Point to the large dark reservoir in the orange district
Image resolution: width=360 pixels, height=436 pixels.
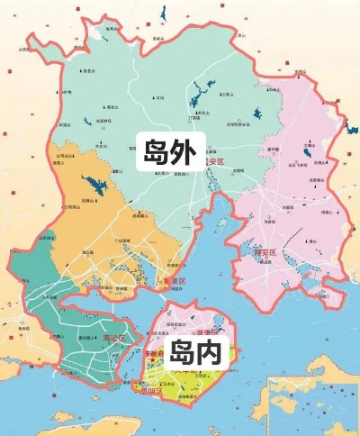coord(91,185)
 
